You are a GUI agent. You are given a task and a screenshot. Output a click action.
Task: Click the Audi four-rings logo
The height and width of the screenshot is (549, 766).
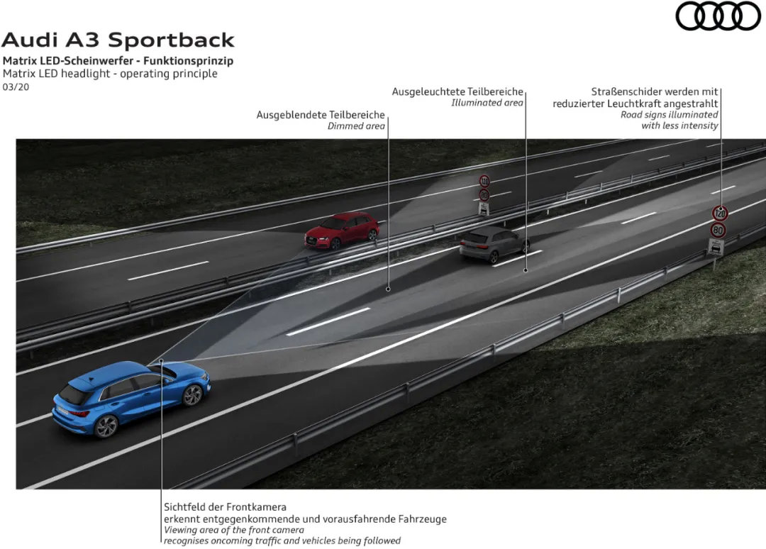718,16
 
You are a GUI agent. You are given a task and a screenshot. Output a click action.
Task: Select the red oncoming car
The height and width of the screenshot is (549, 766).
342,230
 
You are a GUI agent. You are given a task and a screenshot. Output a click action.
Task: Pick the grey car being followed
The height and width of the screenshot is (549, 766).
493,243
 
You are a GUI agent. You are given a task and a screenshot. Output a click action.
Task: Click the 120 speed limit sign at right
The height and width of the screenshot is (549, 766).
719,213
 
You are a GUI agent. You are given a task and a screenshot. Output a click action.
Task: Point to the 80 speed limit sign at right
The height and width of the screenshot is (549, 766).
718,230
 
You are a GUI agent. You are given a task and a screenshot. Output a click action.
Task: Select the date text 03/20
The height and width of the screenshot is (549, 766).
16,87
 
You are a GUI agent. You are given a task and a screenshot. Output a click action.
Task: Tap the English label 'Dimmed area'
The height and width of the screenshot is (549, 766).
356,126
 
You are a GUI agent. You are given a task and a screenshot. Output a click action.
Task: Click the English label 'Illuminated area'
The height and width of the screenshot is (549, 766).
487,103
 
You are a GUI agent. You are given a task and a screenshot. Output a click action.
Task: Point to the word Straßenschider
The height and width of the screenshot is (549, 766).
626,91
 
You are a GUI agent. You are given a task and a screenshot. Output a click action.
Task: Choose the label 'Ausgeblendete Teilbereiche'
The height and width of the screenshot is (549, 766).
321,114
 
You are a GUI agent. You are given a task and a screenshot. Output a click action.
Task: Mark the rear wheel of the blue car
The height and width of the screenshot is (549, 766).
106,426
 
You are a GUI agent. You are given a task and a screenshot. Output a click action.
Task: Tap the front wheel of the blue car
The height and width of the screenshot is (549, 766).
192,395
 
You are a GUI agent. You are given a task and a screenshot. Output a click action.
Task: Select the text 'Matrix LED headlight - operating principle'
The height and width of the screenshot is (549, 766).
110,74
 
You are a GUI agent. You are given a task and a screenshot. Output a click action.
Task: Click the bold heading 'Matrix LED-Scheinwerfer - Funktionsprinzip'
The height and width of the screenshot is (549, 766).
118,60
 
